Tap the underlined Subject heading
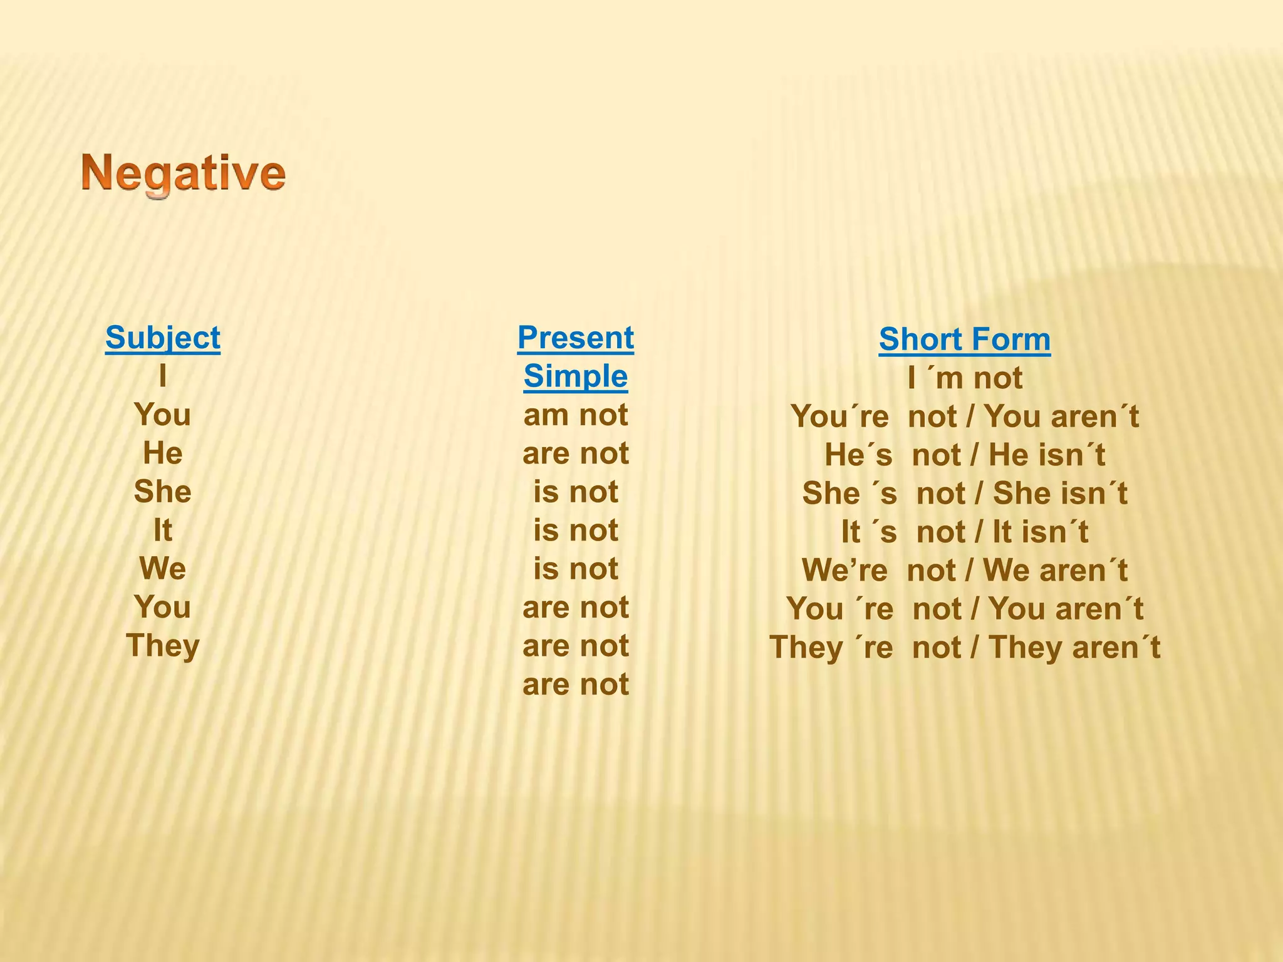(x=163, y=338)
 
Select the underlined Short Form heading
(x=964, y=339)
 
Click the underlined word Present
(x=575, y=338)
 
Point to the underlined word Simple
(x=575, y=376)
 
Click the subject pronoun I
(x=163, y=376)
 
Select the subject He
(x=163, y=453)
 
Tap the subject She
(x=163, y=492)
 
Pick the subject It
(x=163, y=530)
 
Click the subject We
(x=163, y=569)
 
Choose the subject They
(x=163, y=646)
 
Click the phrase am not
(x=575, y=415)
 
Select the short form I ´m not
(x=964, y=378)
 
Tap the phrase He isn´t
(x=1046, y=455)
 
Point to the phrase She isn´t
(x=1060, y=494)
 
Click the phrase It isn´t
(x=1040, y=532)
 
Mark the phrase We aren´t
(x=1055, y=571)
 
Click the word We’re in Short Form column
(x=844, y=571)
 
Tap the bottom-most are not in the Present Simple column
(x=575, y=685)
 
